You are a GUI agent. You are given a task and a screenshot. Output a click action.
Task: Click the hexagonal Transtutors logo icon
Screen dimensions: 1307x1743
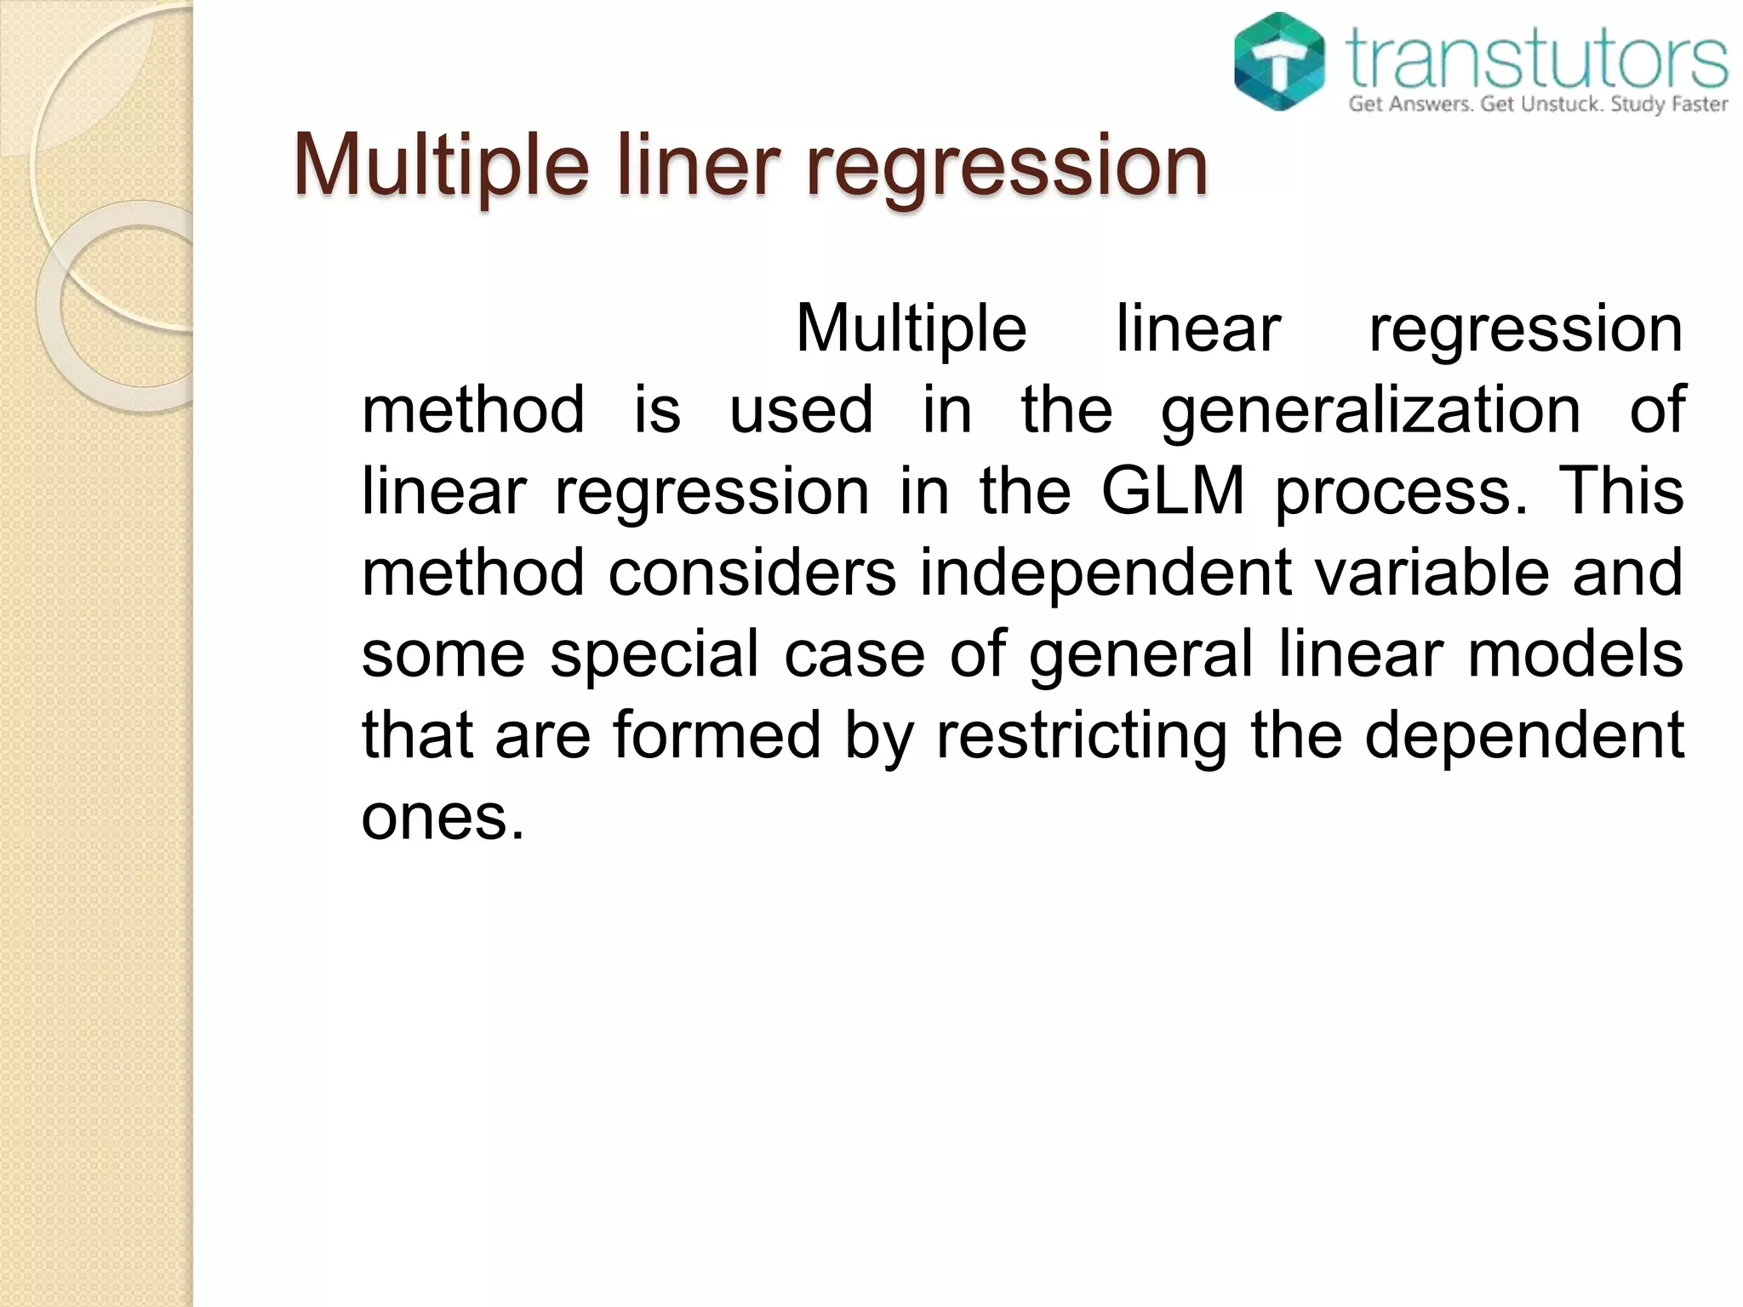pyautogui.click(x=1279, y=62)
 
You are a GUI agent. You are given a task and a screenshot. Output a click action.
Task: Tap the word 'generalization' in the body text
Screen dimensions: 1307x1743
pyautogui.click(x=1370, y=411)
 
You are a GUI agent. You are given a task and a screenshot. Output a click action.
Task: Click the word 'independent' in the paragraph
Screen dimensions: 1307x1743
pyautogui.click(x=1106, y=573)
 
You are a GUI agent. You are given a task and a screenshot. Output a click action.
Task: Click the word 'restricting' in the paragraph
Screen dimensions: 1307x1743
pyautogui.click(x=1081, y=736)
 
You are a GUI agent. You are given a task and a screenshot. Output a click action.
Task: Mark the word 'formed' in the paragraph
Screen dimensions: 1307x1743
pyautogui.click(x=717, y=734)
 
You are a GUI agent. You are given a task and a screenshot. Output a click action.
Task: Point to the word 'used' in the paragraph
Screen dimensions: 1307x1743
pyautogui.click(x=802, y=411)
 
